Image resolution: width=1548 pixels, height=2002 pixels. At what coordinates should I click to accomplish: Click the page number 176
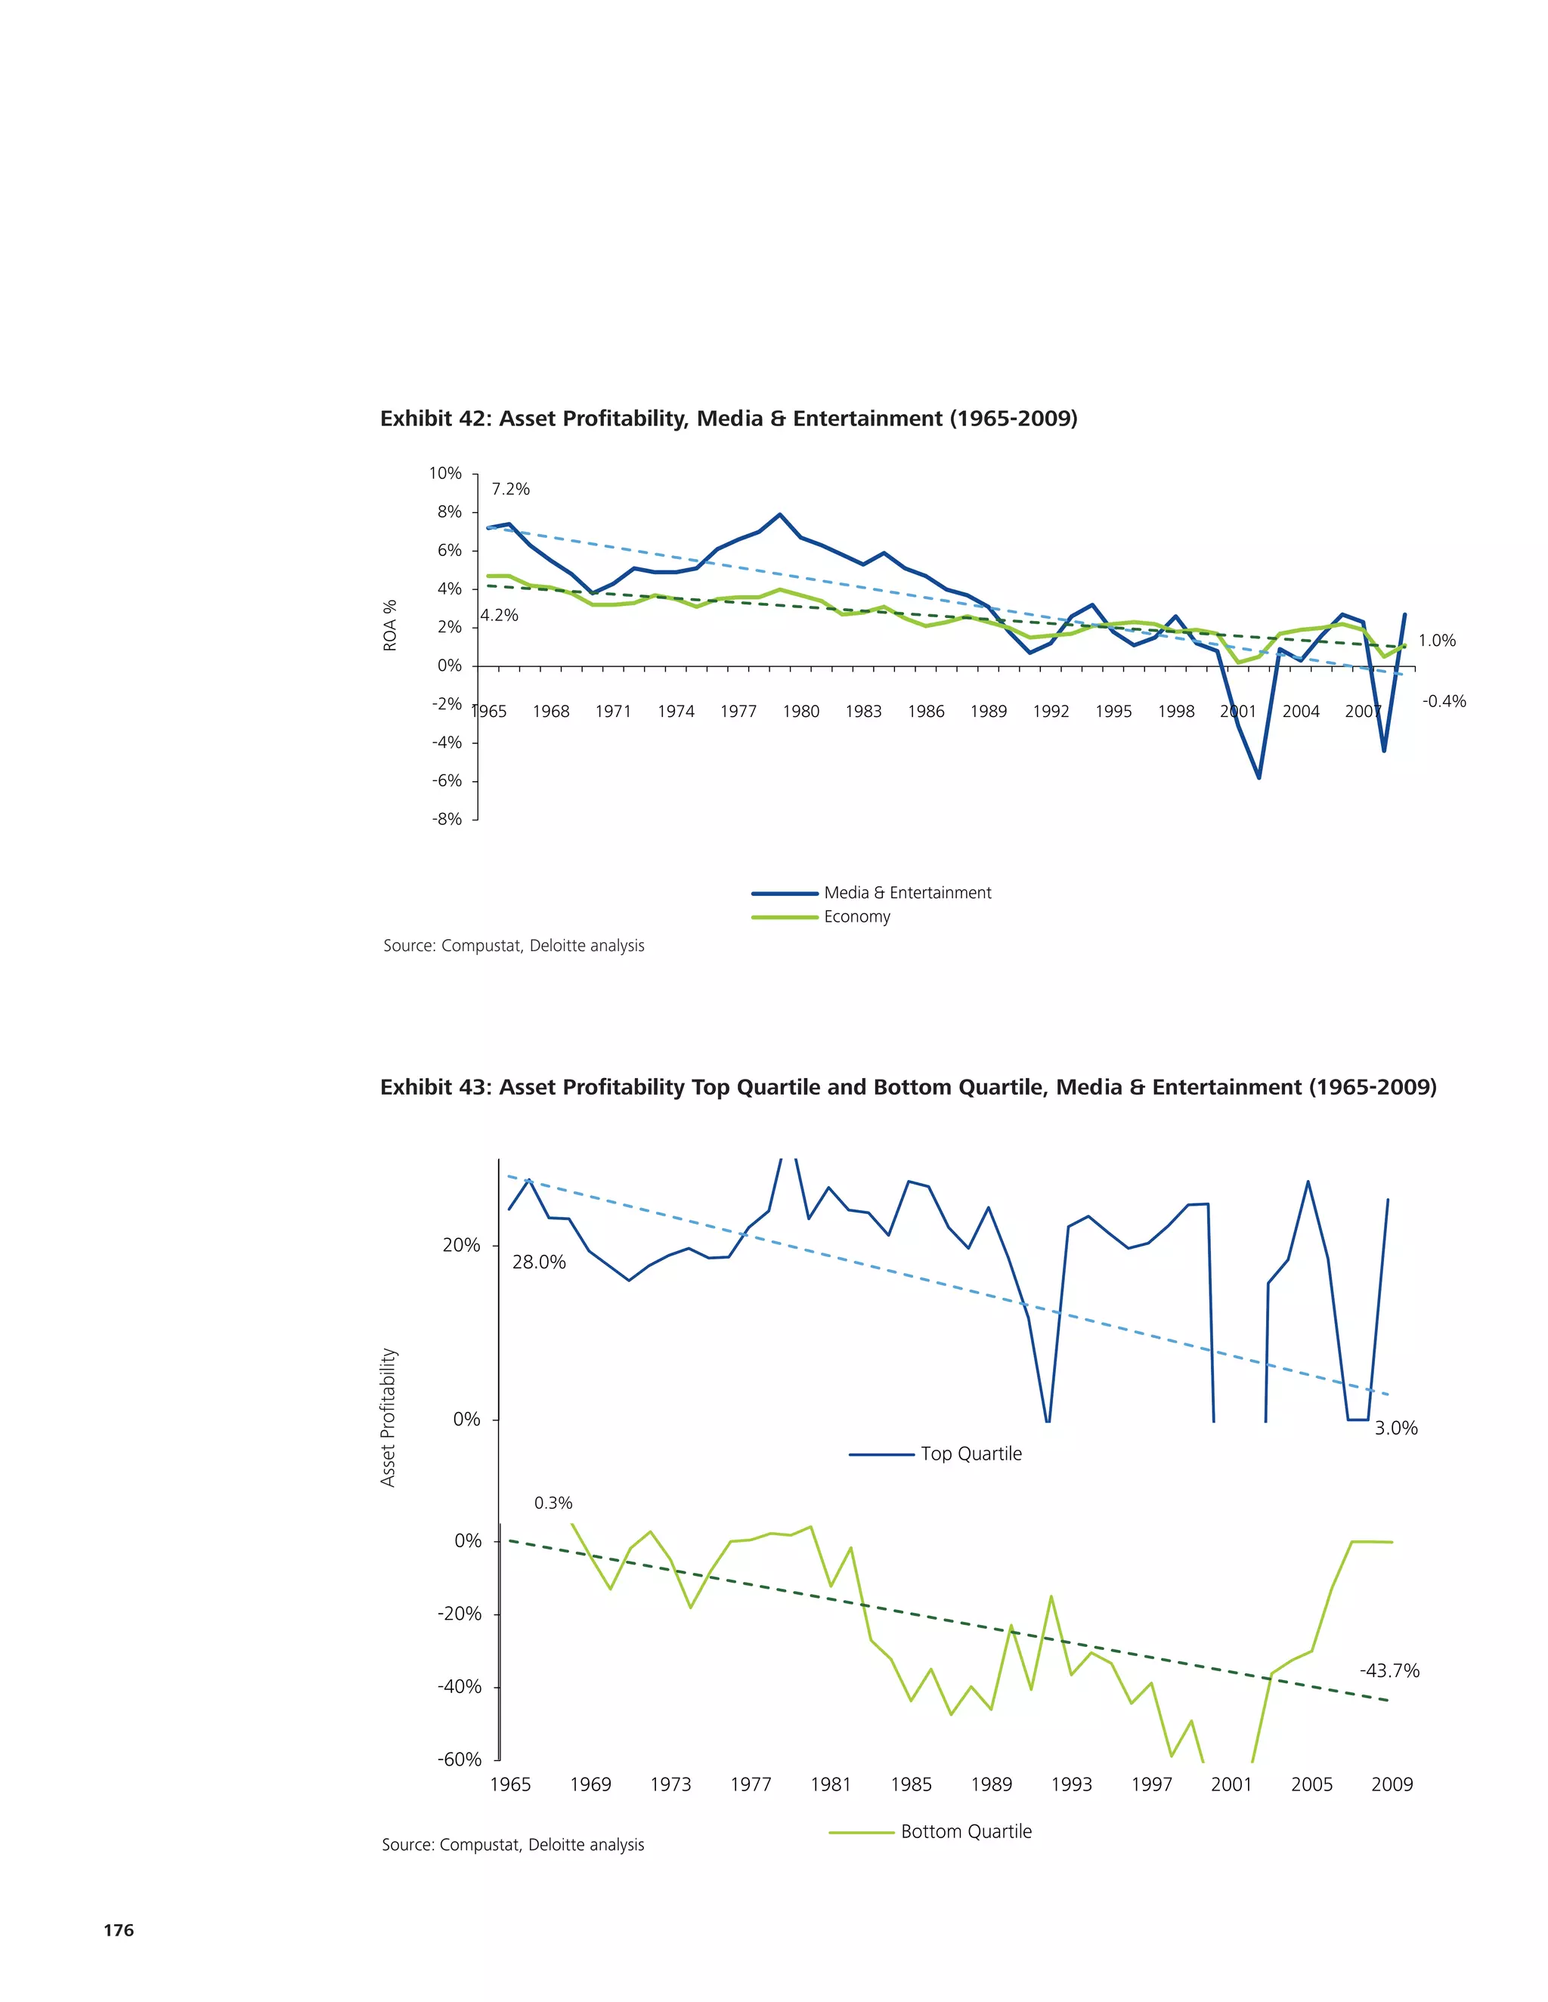click(119, 1929)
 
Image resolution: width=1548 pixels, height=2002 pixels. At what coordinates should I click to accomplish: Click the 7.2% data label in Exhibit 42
click(510, 489)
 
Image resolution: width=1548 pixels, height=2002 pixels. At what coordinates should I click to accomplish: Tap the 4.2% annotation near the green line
click(499, 615)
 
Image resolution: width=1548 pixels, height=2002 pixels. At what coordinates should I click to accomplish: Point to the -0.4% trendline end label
click(1444, 701)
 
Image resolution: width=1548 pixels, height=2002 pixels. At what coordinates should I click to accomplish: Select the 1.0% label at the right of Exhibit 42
click(1436, 641)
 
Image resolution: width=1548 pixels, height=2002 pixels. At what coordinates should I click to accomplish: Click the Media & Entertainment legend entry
click(906, 893)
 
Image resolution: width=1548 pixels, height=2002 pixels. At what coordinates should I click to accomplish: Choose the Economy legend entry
click(856, 916)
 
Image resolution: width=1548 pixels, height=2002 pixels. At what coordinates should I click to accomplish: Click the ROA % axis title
click(391, 626)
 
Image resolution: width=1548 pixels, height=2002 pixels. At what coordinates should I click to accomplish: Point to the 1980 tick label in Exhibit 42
click(800, 712)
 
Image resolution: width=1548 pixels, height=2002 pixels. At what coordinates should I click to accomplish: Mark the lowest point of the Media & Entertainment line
click(1259, 777)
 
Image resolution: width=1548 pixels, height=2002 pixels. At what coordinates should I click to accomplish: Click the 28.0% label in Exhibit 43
click(538, 1262)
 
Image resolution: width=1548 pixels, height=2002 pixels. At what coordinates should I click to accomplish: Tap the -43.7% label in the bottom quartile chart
click(1389, 1671)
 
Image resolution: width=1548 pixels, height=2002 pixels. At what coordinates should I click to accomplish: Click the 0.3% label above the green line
click(553, 1503)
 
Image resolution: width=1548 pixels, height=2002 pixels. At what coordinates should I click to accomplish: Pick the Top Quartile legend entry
click(971, 1454)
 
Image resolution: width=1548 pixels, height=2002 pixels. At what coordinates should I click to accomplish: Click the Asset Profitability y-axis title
click(388, 1417)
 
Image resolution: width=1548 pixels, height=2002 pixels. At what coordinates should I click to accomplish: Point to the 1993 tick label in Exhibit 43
click(1071, 1784)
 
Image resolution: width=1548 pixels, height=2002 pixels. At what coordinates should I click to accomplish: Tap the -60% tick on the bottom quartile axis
click(460, 1759)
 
